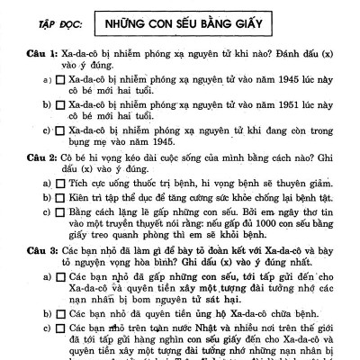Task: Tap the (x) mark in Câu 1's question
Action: pyautogui.click(x=340, y=53)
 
